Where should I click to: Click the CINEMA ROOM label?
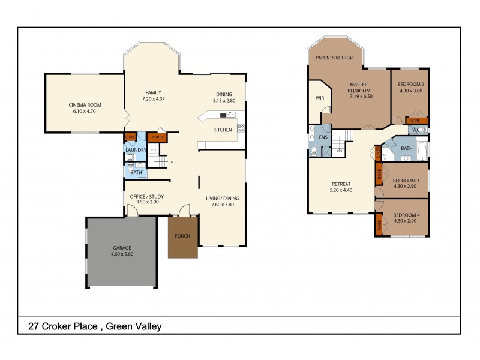click(85, 105)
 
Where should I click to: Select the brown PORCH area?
click(182, 236)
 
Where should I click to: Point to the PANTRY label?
click(157, 137)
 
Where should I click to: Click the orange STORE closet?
click(130, 137)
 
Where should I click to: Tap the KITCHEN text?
click(223, 130)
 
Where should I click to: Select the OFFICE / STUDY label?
click(147, 196)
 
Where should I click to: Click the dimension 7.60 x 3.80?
click(223, 205)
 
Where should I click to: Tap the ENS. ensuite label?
click(324, 137)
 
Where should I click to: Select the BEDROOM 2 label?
click(410, 85)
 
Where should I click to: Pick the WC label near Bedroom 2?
click(415, 130)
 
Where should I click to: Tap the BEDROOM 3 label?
click(406, 181)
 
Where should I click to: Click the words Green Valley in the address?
click(135, 327)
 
